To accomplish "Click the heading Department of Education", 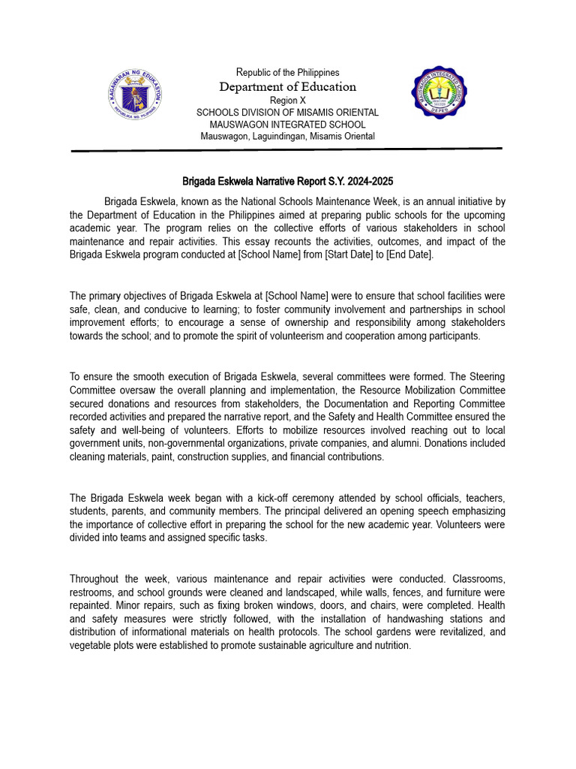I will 288,86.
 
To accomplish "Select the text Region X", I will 288,100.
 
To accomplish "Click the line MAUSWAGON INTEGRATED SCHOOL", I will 288,124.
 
